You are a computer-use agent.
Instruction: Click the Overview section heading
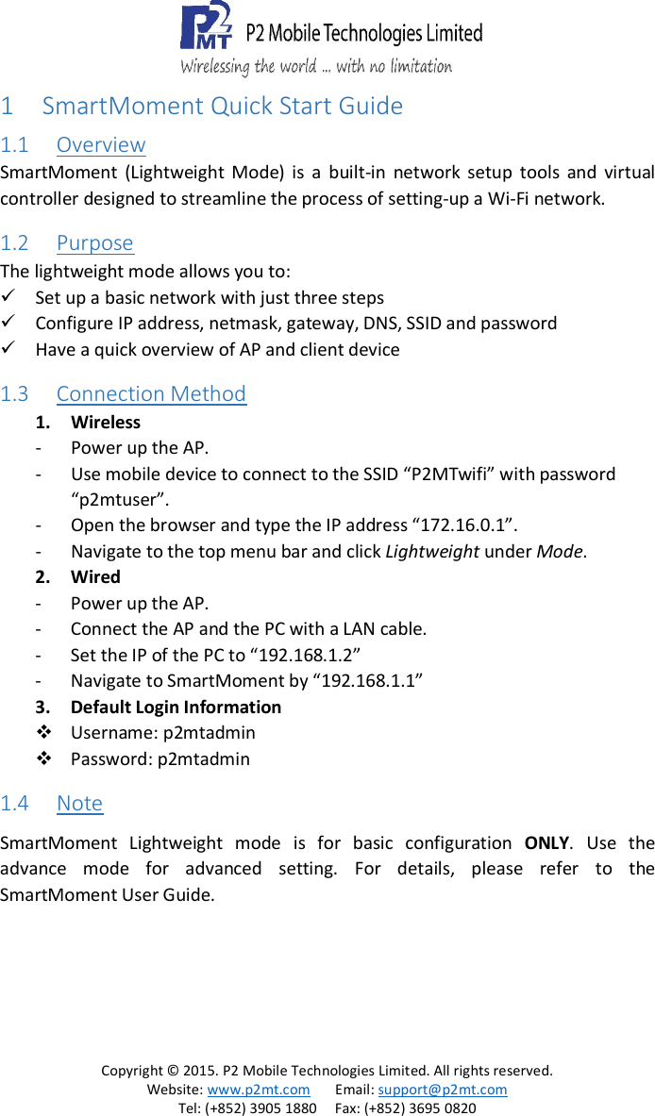(x=100, y=145)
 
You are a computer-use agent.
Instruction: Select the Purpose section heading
(x=94, y=243)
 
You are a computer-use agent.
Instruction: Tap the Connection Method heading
(x=151, y=394)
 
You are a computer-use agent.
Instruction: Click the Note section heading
(x=79, y=804)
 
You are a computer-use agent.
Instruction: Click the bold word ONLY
(x=546, y=842)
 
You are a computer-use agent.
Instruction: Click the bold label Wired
(x=95, y=577)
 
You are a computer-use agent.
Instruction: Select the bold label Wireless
(x=106, y=423)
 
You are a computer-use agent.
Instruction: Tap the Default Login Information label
(x=176, y=708)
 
